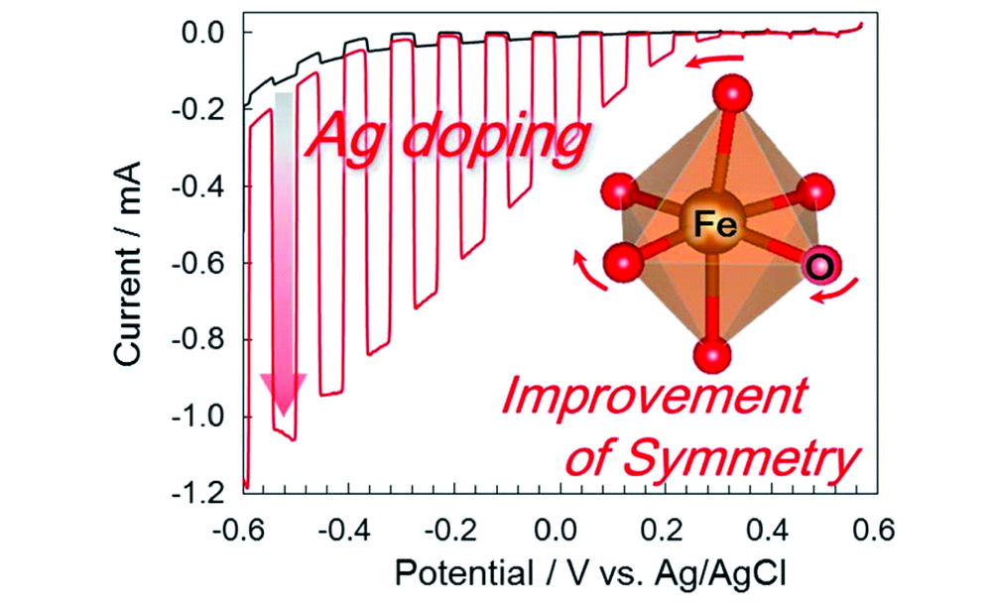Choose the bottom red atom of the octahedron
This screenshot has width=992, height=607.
click(x=714, y=354)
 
